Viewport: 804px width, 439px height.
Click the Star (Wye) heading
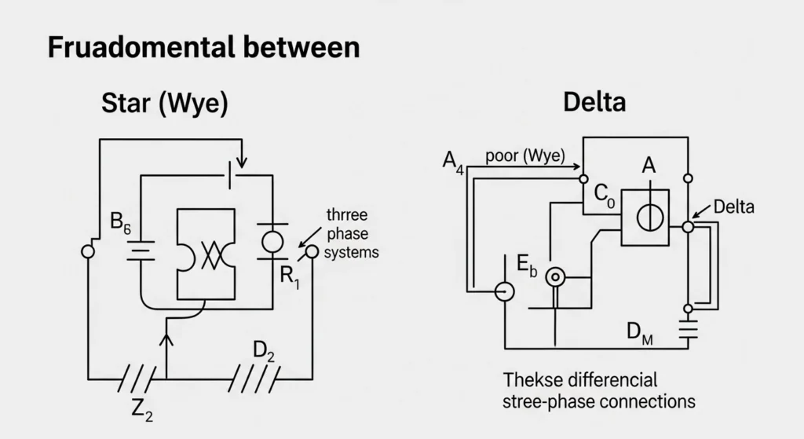point(165,104)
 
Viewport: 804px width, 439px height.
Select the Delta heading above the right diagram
point(594,101)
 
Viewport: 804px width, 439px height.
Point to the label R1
point(290,278)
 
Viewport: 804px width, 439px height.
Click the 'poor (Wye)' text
point(525,155)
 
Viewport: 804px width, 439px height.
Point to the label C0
point(604,193)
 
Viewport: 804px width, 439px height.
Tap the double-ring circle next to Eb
point(556,276)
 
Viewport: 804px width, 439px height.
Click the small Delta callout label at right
point(733,207)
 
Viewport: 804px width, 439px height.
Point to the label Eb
point(527,268)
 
